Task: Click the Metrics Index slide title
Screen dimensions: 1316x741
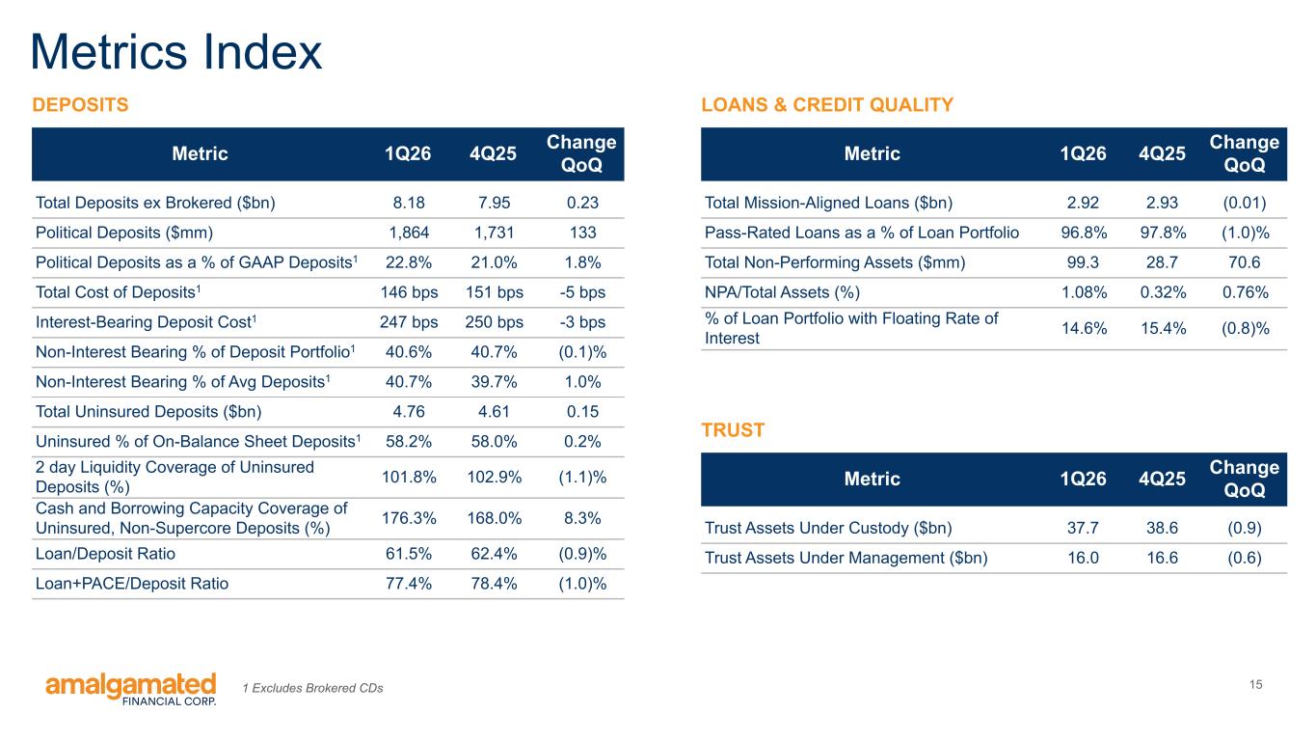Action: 176,52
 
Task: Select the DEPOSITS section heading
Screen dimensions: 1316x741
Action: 80,104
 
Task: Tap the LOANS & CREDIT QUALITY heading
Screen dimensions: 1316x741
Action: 827,104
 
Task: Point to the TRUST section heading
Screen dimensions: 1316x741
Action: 733,430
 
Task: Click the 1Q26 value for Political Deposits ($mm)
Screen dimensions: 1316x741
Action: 409,233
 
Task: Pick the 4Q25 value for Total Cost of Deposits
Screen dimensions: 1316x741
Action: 494,292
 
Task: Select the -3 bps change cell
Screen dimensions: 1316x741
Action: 582,322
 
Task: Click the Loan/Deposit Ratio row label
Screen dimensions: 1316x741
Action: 105,554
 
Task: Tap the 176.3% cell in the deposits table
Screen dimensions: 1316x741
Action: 409,518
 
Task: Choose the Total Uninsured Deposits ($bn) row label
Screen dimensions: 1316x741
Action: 148,412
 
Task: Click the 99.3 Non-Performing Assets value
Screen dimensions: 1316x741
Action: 1083,262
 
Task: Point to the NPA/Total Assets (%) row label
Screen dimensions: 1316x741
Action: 782,292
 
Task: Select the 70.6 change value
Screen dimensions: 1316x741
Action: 1245,262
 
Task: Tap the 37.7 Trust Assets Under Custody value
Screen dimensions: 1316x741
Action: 1083,528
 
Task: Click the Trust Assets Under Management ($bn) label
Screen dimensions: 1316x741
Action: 846,558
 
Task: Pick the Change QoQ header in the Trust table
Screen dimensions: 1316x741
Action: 1245,479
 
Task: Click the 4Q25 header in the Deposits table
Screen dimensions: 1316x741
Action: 493,154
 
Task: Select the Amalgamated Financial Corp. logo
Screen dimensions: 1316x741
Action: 131,689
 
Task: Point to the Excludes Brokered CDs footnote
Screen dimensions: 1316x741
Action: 312,688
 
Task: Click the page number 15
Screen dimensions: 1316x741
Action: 1255,684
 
